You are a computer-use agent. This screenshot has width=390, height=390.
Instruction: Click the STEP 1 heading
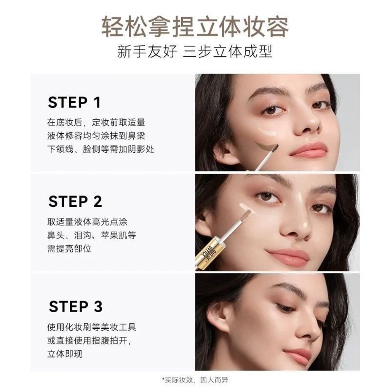pos(74,102)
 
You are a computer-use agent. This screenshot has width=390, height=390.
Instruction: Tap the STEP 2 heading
pos(75,201)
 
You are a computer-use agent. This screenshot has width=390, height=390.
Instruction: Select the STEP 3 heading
pos(76,307)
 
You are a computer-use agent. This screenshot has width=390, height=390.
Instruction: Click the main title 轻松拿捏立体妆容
pos(195,27)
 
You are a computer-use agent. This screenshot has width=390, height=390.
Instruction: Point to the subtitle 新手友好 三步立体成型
pos(195,52)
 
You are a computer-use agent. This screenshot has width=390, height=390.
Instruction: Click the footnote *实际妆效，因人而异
pos(195,380)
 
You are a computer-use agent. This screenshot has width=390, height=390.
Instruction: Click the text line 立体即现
pos(65,354)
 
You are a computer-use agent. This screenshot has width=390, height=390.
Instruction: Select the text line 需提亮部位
pos(69,248)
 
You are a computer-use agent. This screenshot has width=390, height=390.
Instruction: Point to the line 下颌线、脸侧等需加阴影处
pos(101,149)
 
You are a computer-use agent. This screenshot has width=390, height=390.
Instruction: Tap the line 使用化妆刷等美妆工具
pos(92,327)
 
